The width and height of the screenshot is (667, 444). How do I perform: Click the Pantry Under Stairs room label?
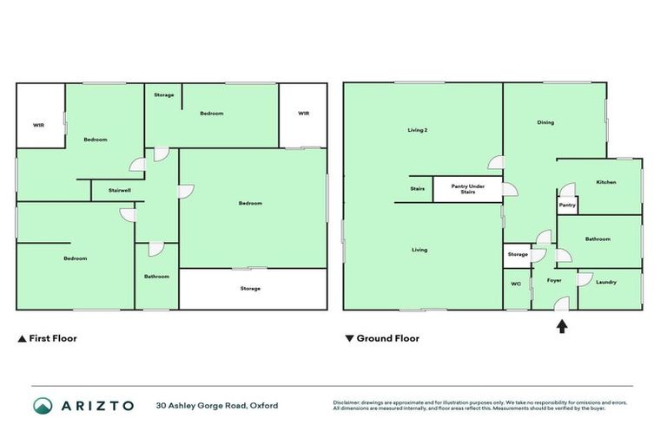(467, 187)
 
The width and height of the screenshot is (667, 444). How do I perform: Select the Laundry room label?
(606, 282)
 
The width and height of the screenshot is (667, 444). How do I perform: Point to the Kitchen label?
(606, 182)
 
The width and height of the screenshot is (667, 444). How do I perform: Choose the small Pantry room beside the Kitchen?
(567, 206)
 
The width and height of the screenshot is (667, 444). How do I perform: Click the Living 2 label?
(418, 130)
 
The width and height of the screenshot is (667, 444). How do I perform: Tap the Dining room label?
(545, 122)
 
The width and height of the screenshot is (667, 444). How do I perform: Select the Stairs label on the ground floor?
(417, 187)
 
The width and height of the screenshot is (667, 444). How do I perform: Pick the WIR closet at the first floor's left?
(39, 125)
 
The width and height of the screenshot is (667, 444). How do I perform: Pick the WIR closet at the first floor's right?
(303, 114)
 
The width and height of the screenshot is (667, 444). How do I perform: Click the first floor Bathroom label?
(156, 277)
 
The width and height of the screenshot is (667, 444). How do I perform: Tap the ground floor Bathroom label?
(598, 239)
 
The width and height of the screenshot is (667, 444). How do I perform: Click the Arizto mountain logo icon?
(43, 405)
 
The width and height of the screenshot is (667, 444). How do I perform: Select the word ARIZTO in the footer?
(96, 405)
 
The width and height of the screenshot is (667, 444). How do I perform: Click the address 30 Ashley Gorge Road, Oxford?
(217, 405)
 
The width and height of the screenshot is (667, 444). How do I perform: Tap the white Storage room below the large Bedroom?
(250, 289)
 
